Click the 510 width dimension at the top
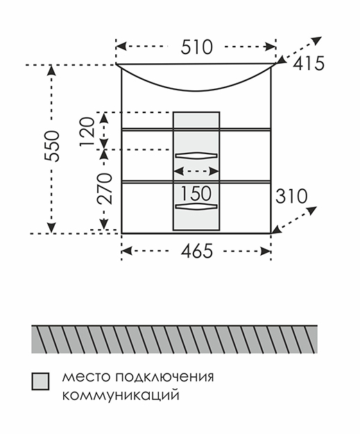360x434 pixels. click(x=196, y=47)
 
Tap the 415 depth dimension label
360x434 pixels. click(x=308, y=63)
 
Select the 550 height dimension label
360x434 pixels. click(x=52, y=146)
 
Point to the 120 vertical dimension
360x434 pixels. click(x=87, y=132)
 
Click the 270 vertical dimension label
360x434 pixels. click(x=105, y=189)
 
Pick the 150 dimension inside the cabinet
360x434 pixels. click(x=196, y=193)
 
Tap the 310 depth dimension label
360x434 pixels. click(x=291, y=196)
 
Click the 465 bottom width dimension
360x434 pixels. click(x=197, y=251)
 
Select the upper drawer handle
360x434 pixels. click(x=196, y=155)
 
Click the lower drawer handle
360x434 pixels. click(x=196, y=206)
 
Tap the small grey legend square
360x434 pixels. click(x=40, y=381)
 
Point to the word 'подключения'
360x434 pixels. click(x=165, y=378)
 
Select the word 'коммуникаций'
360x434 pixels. click(x=121, y=395)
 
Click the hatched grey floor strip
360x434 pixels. click(x=175, y=339)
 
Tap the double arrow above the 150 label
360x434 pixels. click(x=196, y=172)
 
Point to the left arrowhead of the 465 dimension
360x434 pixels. click(x=126, y=251)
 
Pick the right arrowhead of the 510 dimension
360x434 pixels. click(x=271, y=47)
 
